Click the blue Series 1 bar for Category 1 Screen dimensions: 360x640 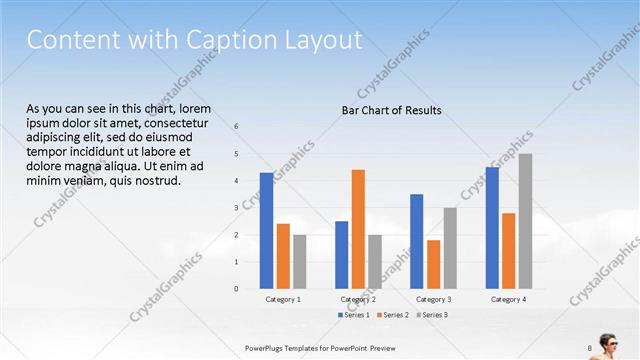point(266,231)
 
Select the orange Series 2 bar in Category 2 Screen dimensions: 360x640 point(358,229)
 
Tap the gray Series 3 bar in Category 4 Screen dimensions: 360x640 point(525,221)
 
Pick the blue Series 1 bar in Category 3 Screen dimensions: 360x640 point(416,241)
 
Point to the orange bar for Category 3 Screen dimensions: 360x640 point(433,264)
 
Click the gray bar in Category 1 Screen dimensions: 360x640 point(300,262)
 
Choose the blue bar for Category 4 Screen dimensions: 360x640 point(492,228)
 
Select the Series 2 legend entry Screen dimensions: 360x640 point(393,315)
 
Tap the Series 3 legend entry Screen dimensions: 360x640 point(431,315)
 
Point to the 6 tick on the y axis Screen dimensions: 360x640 point(236,127)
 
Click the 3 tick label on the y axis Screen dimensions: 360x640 point(236,208)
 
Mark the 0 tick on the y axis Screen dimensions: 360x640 point(236,289)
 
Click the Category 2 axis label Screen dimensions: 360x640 point(358,300)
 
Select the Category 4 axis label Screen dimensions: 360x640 point(508,300)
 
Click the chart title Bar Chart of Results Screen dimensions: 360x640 point(385,110)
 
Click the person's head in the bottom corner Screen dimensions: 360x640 point(608,337)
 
